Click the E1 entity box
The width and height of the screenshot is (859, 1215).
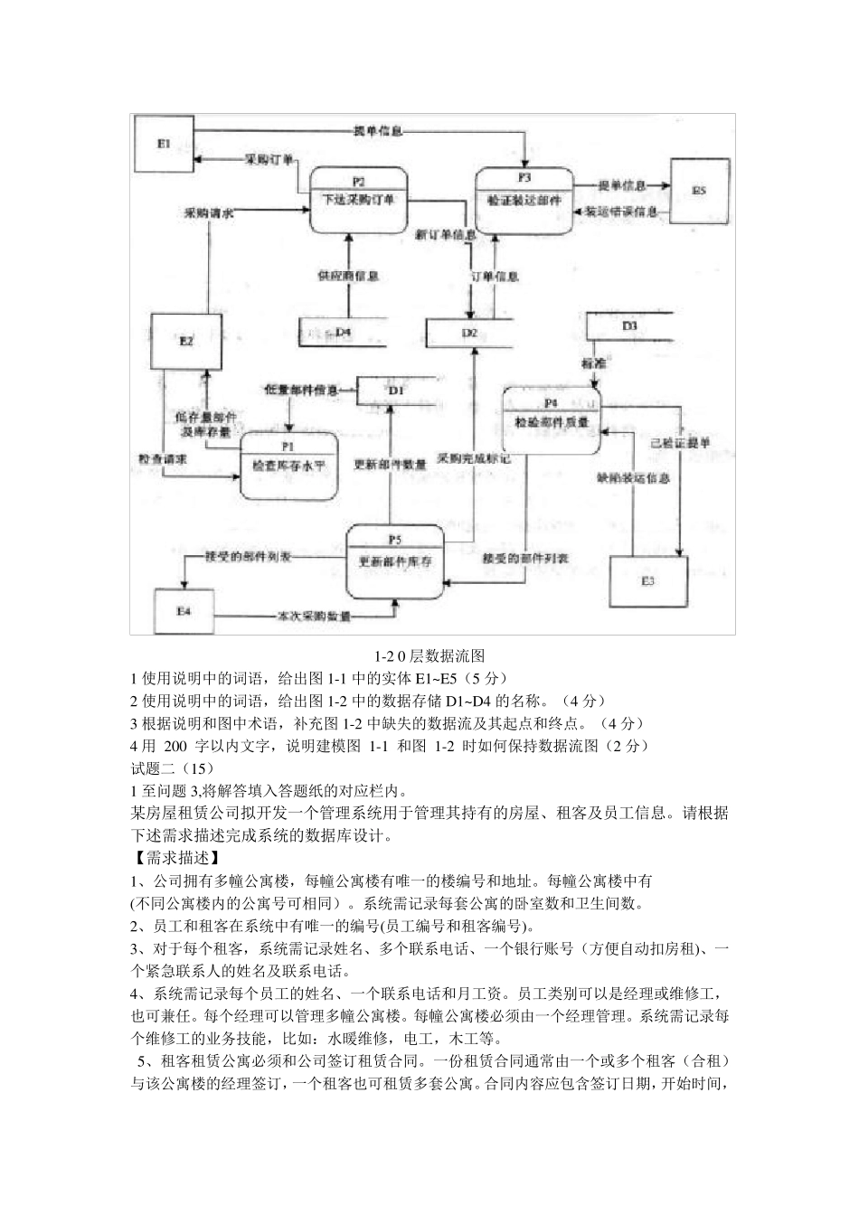coord(165,145)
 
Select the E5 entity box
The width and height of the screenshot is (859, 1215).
coord(697,191)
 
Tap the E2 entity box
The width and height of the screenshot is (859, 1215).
coord(185,341)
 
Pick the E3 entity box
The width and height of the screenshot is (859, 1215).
coord(647,580)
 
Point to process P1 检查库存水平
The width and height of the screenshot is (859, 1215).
coord(288,465)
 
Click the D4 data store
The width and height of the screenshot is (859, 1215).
coord(344,333)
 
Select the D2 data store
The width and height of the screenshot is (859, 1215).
coord(468,333)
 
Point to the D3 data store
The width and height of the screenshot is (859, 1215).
coord(629,325)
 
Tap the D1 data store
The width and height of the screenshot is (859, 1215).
coord(395,391)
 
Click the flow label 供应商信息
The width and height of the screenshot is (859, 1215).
coord(347,275)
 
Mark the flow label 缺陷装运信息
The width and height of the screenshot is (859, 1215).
coord(633,479)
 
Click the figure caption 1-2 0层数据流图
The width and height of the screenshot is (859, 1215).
coord(429,655)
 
